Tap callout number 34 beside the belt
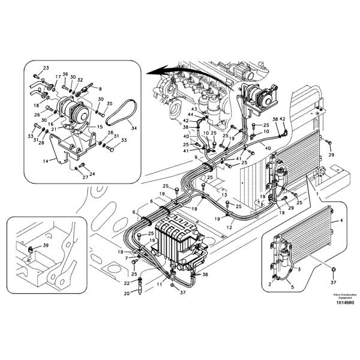coord(133,128)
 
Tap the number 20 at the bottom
coord(127,294)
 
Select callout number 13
coord(223,195)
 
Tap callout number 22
coord(127,283)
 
